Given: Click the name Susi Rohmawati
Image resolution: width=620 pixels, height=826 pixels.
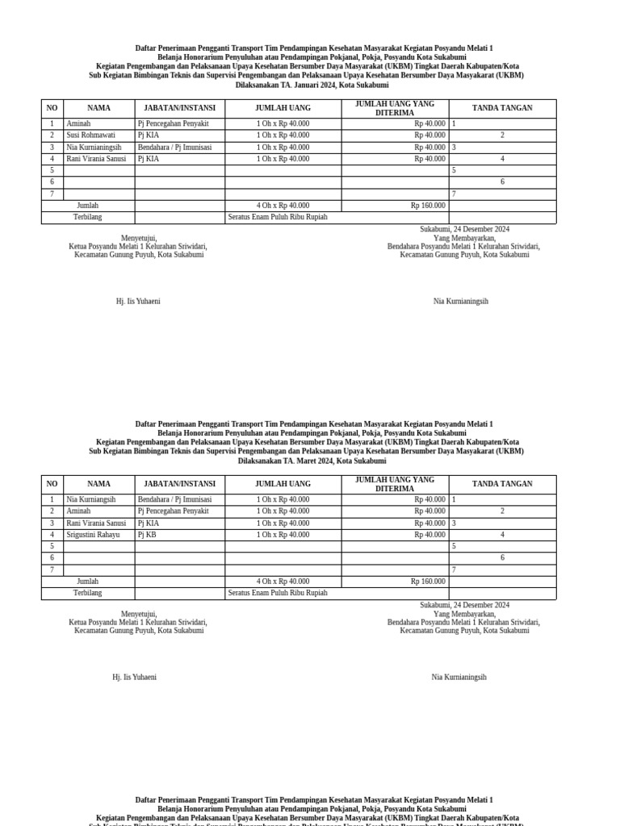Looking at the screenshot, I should pyautogui.click(x=90, y=136).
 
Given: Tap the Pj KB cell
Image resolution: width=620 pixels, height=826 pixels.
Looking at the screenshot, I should pyautogui.click(x=147, y=535).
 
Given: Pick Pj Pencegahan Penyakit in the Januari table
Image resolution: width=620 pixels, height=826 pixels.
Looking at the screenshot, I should pyautogui.click(x=173, y=123).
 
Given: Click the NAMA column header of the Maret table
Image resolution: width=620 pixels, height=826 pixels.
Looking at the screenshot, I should pyautogui.click(x=98, y=484).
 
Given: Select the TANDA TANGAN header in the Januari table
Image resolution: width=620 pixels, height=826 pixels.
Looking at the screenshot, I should pyautogui.click(x=502, y=108).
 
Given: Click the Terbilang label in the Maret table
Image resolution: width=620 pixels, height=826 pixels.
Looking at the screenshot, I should pyautogui.click(x=87, y=593).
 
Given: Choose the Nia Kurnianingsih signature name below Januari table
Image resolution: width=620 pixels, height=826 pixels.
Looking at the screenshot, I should pyautogui.click(x=460, y=302).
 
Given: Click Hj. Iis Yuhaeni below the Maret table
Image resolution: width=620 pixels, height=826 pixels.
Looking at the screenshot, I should pyautogui.click(x=134, y=678).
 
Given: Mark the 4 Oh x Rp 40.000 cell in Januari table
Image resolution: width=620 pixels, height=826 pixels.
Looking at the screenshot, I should pyautogui.click(x=283, y=206).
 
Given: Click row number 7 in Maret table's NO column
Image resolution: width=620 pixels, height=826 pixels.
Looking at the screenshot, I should pyautogui.click(x=52, y=569).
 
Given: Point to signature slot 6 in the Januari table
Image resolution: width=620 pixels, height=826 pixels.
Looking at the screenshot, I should pyautogui.click(x=502, y=182).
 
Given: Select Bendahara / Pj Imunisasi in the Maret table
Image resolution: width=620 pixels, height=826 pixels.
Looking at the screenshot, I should pyautogui.click(x=174, y=500).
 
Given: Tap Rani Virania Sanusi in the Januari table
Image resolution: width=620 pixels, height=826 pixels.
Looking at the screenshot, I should pyautogui.click(x=96, y=159).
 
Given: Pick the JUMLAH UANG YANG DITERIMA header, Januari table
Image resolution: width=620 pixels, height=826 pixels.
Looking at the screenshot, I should pyautogui.click(x=395, y=108).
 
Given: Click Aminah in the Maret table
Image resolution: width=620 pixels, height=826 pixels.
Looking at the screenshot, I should pyautogui.click(x=78, y=511).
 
